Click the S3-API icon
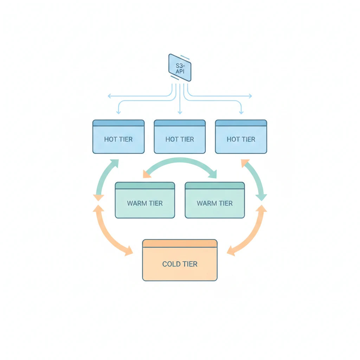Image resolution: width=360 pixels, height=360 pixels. tap(180, 68)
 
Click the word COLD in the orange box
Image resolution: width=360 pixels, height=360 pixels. tap(171, 264)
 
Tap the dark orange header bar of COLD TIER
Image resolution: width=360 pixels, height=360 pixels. tap(180, 243)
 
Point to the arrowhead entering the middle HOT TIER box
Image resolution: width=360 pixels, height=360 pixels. tap(180, 112)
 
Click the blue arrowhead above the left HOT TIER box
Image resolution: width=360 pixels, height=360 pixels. tap(118, 112)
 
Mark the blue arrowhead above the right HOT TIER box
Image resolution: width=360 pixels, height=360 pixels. tap(241, 112)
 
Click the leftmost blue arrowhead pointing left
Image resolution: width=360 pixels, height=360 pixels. tap(109, 96)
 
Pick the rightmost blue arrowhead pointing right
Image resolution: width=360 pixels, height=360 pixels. tap(250, 96)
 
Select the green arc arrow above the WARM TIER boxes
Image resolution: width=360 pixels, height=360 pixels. tap(180, 161)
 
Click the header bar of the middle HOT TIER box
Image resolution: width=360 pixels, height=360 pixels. tap(180, 123)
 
